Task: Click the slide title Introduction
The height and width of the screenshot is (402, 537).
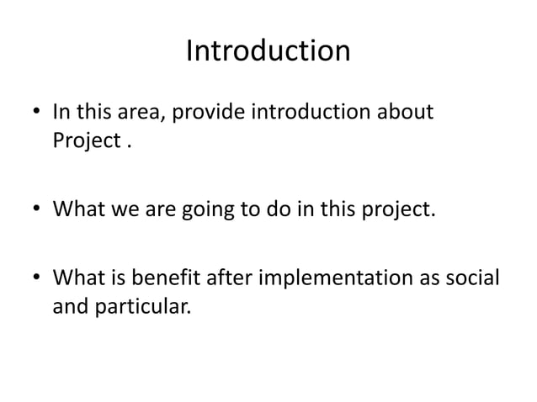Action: coord(268,52)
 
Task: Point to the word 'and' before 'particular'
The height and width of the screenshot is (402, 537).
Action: coord(70,305)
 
